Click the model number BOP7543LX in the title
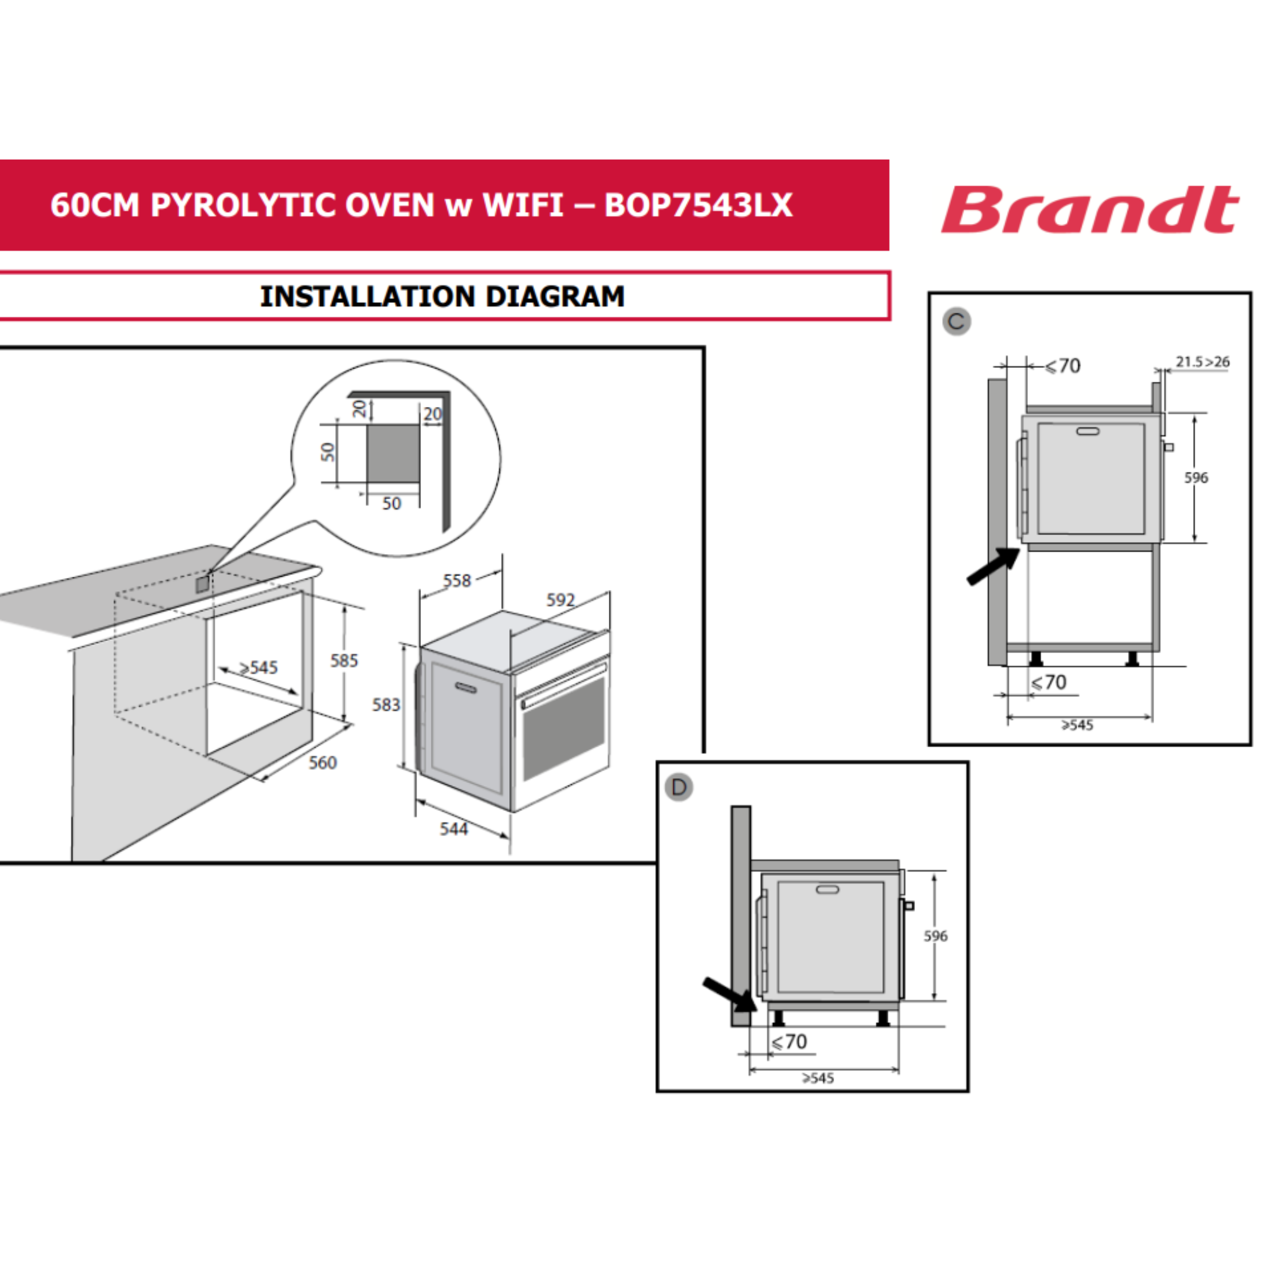pos(699,205)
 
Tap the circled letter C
pos(957,321)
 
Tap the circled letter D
pos(679,787)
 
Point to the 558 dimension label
pos(457,581)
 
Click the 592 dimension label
pos(560,599)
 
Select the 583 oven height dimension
pos(386,705)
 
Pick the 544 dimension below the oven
pos(454,829)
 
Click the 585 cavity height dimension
pos(345,661)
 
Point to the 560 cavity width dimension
pos(322,762)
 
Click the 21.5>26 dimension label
pos(1203,361)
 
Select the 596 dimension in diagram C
pos(1196,478)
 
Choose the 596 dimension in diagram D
pos(935,936)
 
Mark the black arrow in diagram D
pos(730,996)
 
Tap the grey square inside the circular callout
pos(392,454)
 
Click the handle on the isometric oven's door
pos(466,687)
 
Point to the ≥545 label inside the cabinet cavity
pos(259,668)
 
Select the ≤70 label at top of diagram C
pos(1063,366)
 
